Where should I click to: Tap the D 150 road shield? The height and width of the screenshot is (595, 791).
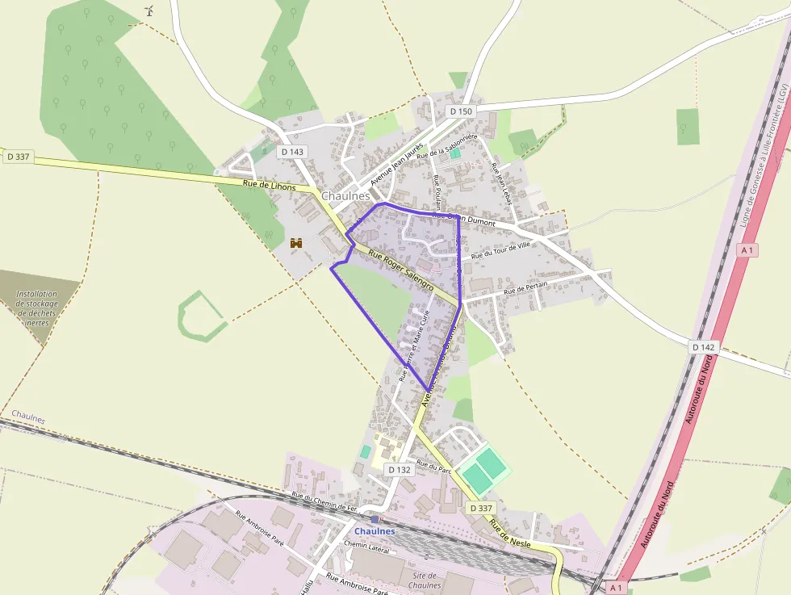point(460,111)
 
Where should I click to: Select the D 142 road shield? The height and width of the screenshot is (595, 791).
point(703,346)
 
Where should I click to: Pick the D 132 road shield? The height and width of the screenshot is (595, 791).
point(399,469)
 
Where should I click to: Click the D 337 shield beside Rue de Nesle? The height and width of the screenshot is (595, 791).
point(480,508)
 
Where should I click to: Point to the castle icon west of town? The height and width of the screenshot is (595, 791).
point(296,242)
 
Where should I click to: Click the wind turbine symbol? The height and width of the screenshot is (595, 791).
point(149,10)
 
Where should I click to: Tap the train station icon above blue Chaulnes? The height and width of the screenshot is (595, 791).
point(375,519)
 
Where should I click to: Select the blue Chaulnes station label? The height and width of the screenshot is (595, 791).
point(375,531)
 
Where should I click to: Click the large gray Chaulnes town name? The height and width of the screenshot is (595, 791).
point(345,195)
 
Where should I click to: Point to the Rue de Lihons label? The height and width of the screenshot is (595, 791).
point(269,186)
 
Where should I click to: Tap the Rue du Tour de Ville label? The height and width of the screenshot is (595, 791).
point(501,250)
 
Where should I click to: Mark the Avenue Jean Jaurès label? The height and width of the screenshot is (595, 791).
point(396,165)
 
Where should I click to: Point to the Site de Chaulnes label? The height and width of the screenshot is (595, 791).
point(425,580)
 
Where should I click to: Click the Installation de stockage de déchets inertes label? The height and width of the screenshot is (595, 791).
point(37,308)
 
